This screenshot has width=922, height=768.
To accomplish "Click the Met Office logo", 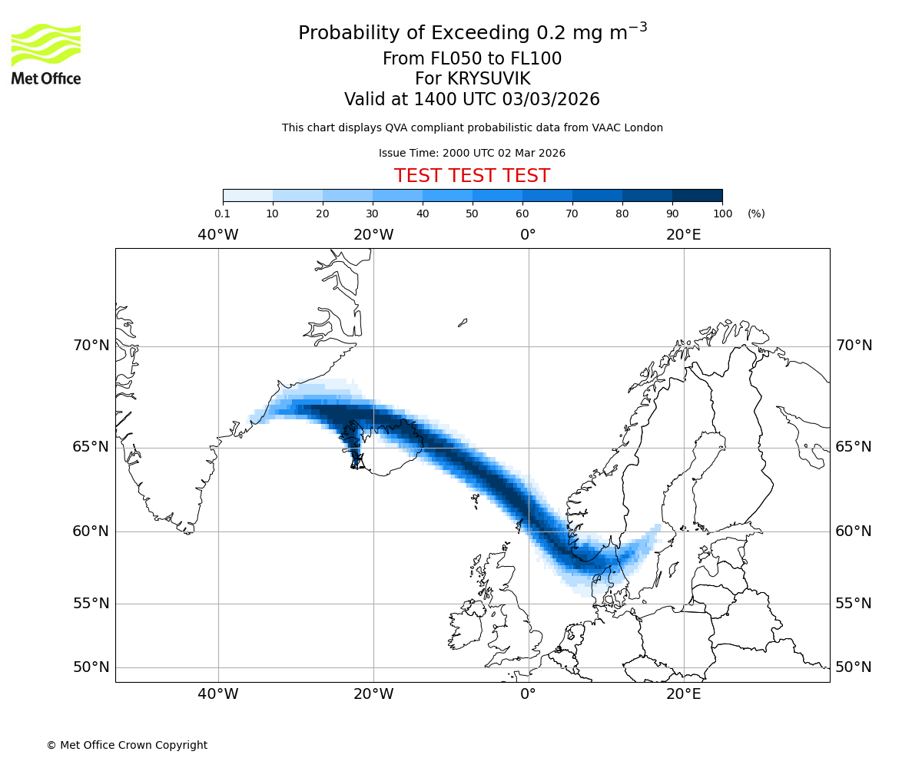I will [46, 54].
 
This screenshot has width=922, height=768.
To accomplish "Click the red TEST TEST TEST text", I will [472, 176].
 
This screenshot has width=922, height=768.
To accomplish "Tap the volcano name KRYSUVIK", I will [472, 79].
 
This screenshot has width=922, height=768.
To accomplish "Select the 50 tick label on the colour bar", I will [472, 214].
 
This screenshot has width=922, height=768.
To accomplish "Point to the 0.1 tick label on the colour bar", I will [222, 214].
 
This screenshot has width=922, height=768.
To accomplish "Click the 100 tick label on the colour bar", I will [722, 214].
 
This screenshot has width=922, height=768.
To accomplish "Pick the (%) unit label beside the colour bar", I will [756, 214].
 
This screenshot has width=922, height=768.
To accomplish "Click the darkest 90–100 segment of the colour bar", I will [697, 196].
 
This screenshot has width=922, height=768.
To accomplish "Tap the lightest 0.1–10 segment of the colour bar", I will [247, 196].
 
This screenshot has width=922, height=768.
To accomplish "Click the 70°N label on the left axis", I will [91, 346].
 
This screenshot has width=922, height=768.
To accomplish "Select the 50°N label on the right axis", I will [853, 667].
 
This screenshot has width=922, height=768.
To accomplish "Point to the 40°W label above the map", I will [217, 235].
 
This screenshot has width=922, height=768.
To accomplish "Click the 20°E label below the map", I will [683, 694].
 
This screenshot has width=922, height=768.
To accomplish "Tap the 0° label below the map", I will [528, 694].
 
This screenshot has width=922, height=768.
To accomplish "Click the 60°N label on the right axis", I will [853, 531].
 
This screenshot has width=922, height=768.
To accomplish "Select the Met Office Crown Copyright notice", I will [127, 745].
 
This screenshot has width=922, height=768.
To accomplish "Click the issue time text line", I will [472, 153].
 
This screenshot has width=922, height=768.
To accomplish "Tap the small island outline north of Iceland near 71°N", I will [463, 323].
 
